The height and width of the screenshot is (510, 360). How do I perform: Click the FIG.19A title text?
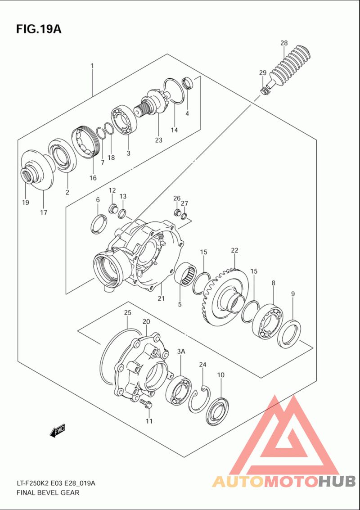[x=38, y=29]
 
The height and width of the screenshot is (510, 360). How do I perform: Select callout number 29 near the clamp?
[x=263, y=73]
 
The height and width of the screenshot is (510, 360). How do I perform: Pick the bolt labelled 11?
[x=146, y=403]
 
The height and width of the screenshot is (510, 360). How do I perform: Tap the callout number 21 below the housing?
[x=161, y=298]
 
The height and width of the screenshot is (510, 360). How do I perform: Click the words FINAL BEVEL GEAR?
[x=48, y=492]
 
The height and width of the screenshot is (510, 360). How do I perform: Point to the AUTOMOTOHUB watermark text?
[x=284, y=482]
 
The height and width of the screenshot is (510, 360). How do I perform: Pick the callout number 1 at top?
[x=92, y=66]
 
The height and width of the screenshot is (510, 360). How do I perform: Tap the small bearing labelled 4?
[x=187, y=83]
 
